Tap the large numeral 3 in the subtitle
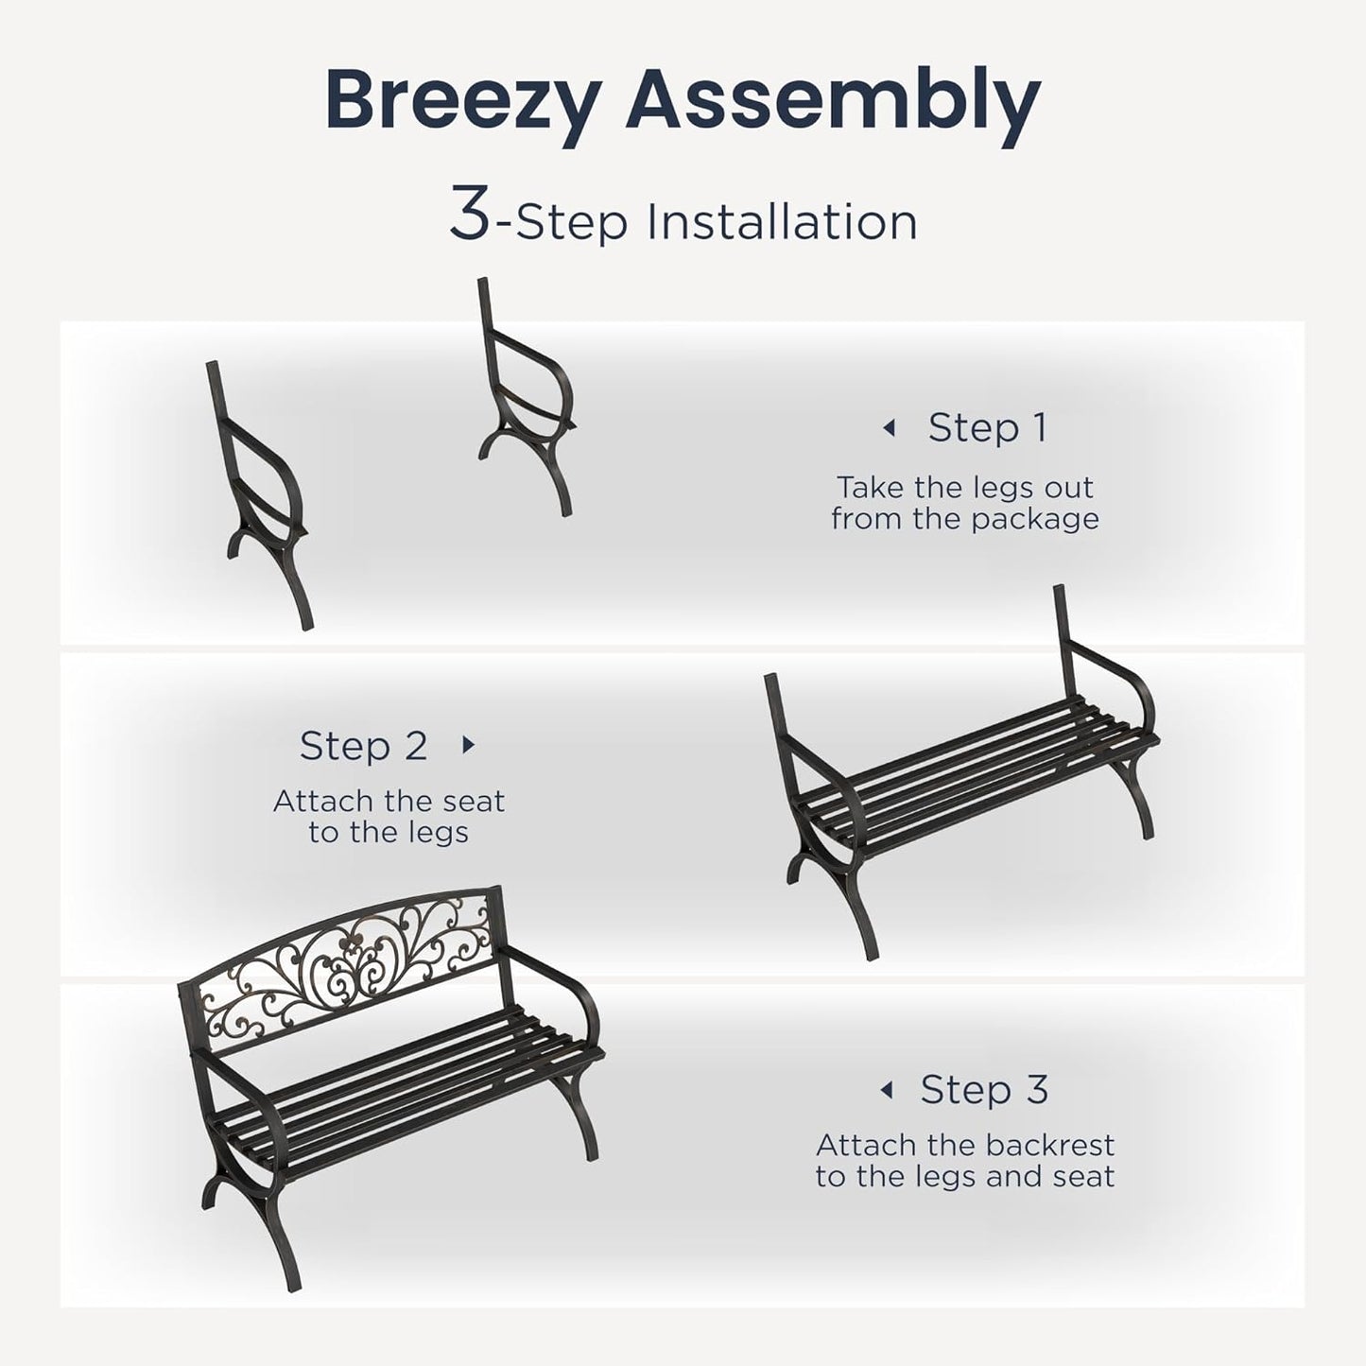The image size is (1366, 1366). point(470,216)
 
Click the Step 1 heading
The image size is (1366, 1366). point(987,427)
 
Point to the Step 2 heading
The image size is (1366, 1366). point(363,746)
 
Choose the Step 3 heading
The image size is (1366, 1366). point(984,1089)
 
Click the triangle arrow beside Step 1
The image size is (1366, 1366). point(888,428)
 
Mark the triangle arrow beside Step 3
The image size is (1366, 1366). point(886,1090)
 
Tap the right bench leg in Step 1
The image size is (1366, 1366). point(525,397)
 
